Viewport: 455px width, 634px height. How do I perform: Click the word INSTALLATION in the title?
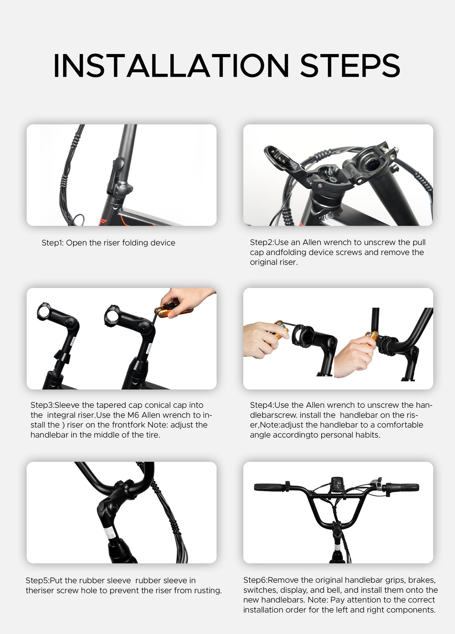171,66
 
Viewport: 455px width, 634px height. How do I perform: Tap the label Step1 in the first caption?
52,243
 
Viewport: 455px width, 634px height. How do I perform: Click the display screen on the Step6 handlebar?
337,483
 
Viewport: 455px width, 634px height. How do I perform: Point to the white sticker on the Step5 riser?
110,533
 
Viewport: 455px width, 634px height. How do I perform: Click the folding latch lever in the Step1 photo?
117,173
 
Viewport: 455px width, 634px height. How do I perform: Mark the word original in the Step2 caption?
263,262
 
